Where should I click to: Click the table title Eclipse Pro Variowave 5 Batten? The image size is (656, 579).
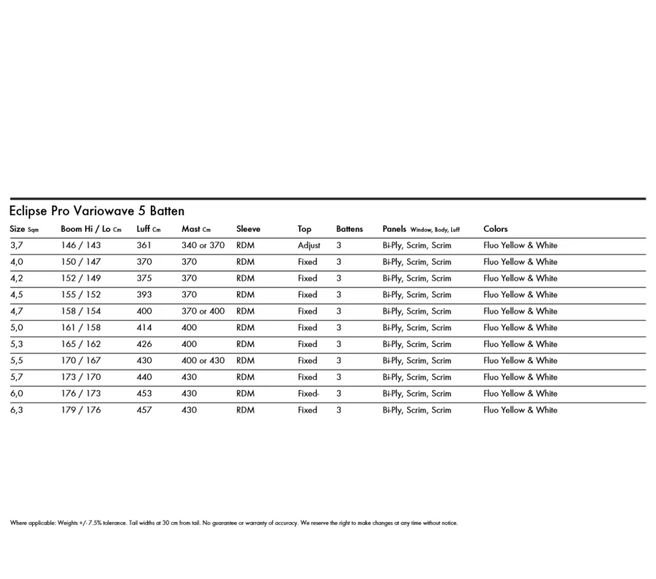(x=97, y=211)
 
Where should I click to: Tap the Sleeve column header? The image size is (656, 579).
(x=248, y=229)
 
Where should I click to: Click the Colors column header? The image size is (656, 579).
(x=496, y=229)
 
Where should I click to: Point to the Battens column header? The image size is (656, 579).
(x=349, y=229)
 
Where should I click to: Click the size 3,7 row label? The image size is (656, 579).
(x=17, y=246)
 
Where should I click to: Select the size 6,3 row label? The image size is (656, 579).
(x=17, y=411)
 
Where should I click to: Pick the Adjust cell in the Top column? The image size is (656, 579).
(x=309, y=246)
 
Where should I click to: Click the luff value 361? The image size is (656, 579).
(x=144, y=246)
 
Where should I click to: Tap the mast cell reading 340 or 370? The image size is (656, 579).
(x=203, y=246)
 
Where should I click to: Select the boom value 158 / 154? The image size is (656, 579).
(x=81, y=311)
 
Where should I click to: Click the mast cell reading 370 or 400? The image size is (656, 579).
(x=203, y=311)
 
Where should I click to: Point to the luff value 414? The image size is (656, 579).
(x=144, y=328)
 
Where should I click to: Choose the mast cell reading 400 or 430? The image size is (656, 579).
(x=203, y=361)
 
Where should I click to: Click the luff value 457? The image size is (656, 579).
(x=144, y=411)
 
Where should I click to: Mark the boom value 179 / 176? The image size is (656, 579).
(x=81, y=411)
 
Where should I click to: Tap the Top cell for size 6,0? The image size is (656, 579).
(x=309, y=394)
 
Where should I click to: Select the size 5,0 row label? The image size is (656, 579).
(x=17, y=328)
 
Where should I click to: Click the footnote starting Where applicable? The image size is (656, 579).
(x=233, y=523)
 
